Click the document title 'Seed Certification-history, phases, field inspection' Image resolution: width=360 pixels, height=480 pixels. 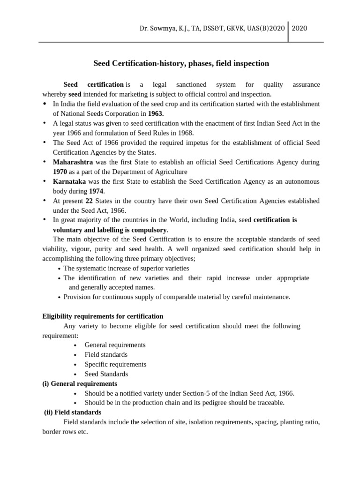point(181,63)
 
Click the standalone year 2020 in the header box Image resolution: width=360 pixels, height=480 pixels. point(300,28)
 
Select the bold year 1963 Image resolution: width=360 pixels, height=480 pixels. point(156,113)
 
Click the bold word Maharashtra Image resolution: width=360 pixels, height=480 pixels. point(73,162)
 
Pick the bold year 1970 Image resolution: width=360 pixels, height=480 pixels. point(60,172)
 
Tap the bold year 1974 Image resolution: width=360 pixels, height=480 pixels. point(97,191)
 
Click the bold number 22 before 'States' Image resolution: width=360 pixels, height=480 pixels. point(89,201)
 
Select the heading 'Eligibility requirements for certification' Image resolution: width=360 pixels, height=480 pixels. point(103,316)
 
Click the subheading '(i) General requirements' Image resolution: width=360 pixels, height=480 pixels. point(80,383)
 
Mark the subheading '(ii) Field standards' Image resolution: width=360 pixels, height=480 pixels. point(73,412)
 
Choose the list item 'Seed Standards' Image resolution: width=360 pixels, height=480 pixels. point(106,374)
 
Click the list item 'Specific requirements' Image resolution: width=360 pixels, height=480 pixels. point(115,364)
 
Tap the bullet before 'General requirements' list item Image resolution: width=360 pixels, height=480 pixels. point(75,345)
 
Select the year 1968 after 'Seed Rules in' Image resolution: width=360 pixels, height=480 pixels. point(185,133)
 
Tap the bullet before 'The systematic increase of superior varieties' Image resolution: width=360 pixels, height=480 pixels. point(59,269)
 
